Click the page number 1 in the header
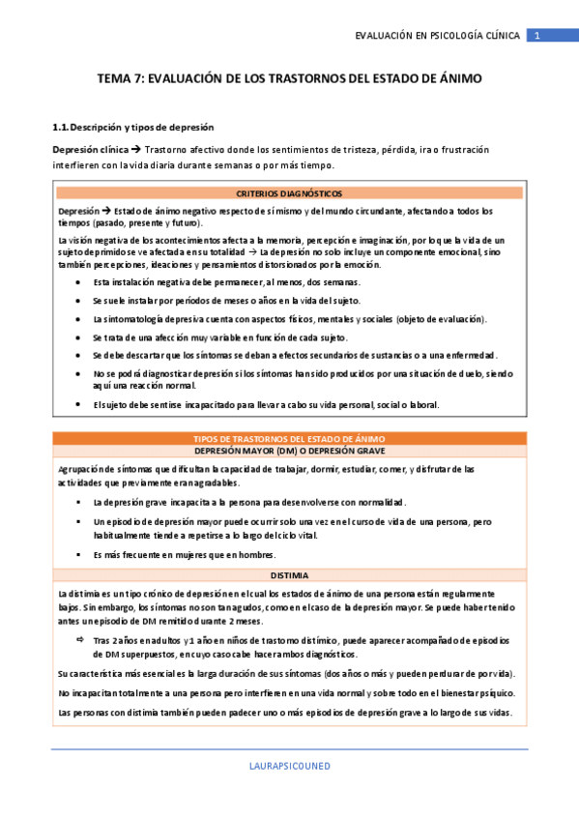537,36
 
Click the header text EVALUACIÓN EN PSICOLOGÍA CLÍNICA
437,36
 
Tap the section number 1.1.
61,127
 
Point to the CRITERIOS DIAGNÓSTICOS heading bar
289,193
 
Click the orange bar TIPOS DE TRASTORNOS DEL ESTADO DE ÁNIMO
289,439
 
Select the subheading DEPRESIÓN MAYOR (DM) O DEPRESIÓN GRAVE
289,452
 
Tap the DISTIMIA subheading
289,574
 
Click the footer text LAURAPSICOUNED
289,766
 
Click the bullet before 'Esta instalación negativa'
77,282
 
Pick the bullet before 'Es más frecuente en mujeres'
77,555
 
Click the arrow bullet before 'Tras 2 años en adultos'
79,640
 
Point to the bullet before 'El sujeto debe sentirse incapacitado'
77,405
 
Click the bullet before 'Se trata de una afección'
77,337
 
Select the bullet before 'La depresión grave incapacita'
77,503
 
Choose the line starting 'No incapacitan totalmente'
287,693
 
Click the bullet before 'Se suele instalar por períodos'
77,301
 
